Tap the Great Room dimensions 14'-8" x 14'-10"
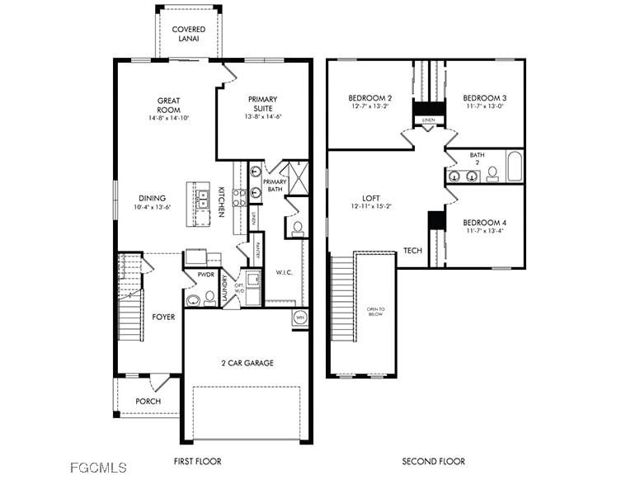click(x=169, y=118)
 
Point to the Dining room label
click(x=152, y=198)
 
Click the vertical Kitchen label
click(x=221, y=202)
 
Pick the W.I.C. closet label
click(x=285, y=272)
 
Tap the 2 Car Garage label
click(x=247, y=363)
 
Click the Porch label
click(x=148, y=402)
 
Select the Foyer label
click(x=163, y=317)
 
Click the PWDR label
click(x=205, y=275)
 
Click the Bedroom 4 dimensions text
click(x=483, y=232)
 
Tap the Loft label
click(x=370, y=198)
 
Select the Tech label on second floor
click(x=412, y=251)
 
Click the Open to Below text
click(x=375, y=312)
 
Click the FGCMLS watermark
click(x=98, y=468)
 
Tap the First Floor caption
click(x=198, y=461)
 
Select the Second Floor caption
click(x=433, y=461)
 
